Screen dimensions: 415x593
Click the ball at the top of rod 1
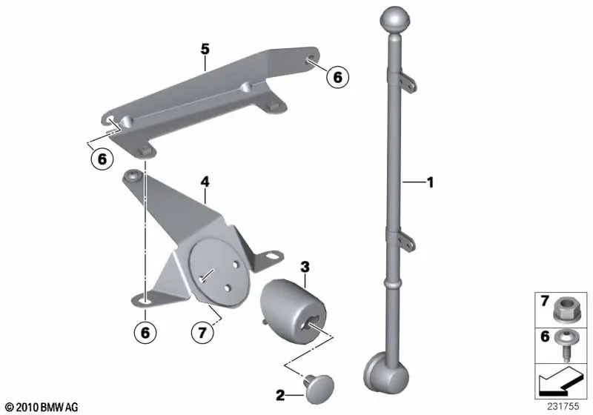394,18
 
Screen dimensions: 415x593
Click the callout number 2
279,396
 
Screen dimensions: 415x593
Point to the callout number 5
205,50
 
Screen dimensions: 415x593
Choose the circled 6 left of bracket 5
100,158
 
